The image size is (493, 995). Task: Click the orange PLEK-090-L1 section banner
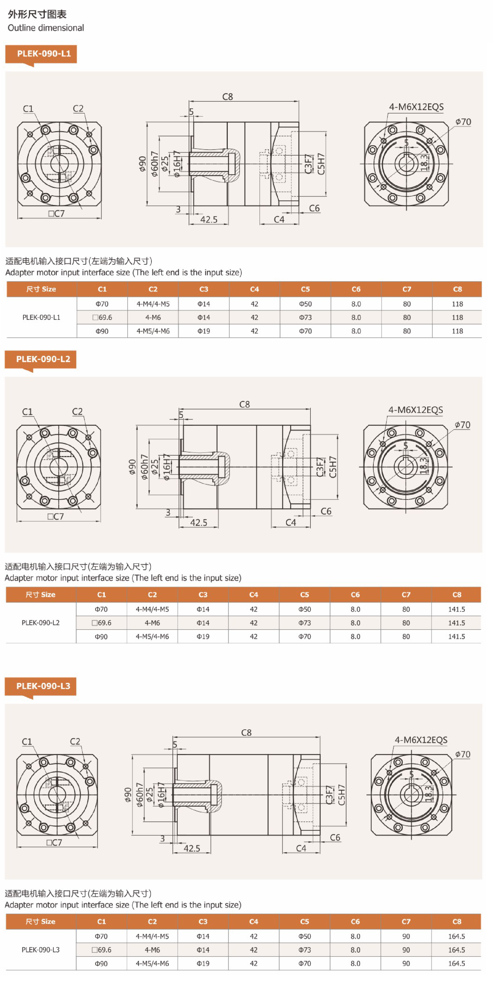tap(41, 54)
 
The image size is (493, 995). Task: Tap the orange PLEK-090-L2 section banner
tap(41, 359)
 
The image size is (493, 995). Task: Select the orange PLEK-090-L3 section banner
tap(41, 686)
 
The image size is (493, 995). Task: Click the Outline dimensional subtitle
tap(46, 28)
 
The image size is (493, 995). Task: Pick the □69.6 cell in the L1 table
tap(102, 317)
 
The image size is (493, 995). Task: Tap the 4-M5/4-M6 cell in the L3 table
tap(152, 963)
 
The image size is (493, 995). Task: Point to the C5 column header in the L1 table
tap(305, 289)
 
